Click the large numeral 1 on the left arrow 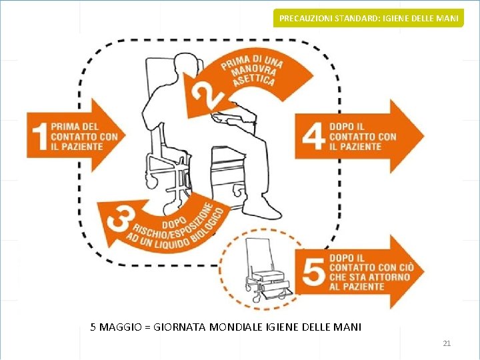click(x=39, y=135)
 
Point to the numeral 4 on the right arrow click(x=313, y=136)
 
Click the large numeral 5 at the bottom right click(x=314, y=271)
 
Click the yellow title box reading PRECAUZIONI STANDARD click(x=369, y=18)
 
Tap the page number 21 click(x=447, y=343)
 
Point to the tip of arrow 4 click(x=423, y=136)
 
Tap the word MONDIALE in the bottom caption click(x=241, y=327)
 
